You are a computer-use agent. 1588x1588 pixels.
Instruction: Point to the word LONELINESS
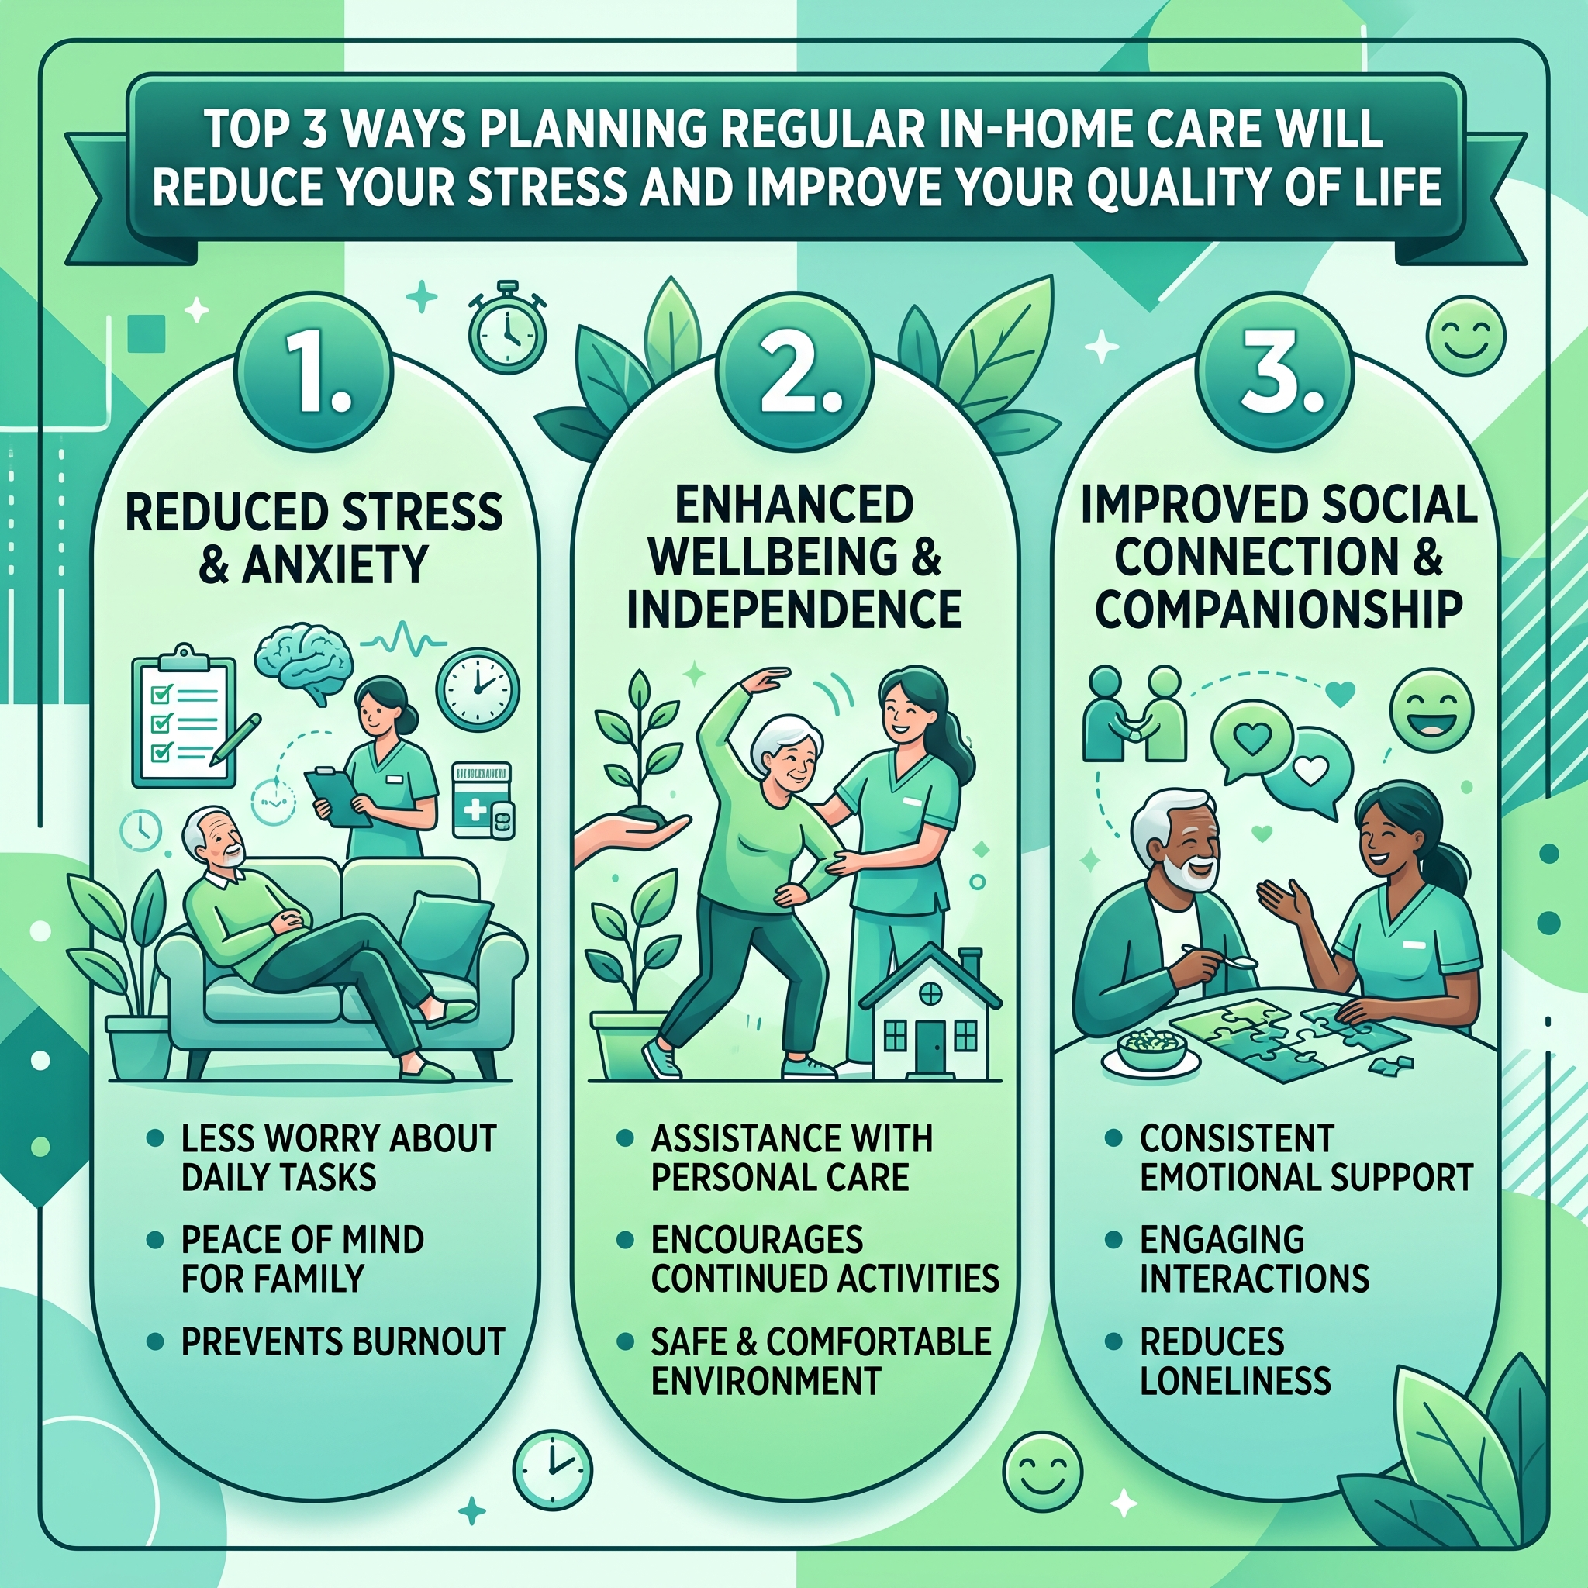pos(1235,1380)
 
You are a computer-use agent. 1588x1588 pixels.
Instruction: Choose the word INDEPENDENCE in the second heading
pos(794,610)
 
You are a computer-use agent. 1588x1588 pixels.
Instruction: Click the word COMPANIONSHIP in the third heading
pos(1279,610)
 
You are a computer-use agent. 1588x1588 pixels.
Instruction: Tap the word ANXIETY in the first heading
pos(335,564)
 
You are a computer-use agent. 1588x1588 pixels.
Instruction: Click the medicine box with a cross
pos(483,799)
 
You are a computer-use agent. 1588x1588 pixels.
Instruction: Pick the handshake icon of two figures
pos(1135,713)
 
